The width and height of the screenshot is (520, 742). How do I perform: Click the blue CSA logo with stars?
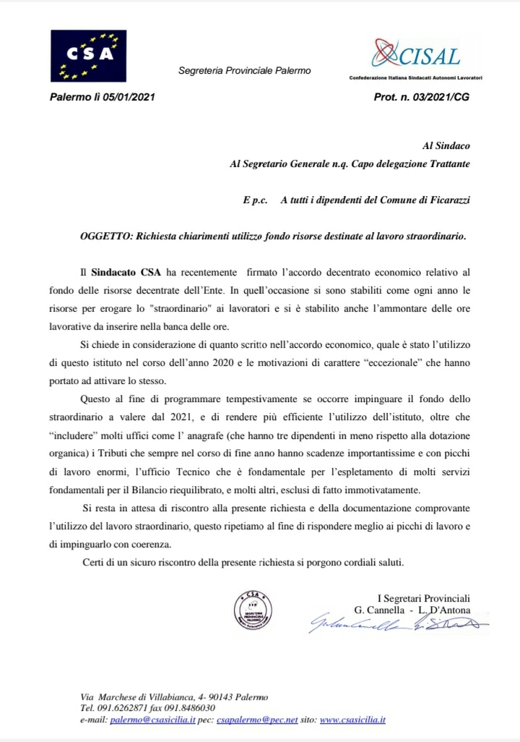pos(89,56)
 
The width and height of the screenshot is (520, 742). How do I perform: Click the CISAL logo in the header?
pos(416,57)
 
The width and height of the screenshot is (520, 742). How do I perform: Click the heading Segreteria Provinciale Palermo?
pos(244,71)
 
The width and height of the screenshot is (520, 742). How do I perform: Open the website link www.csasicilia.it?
pos(352,720)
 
